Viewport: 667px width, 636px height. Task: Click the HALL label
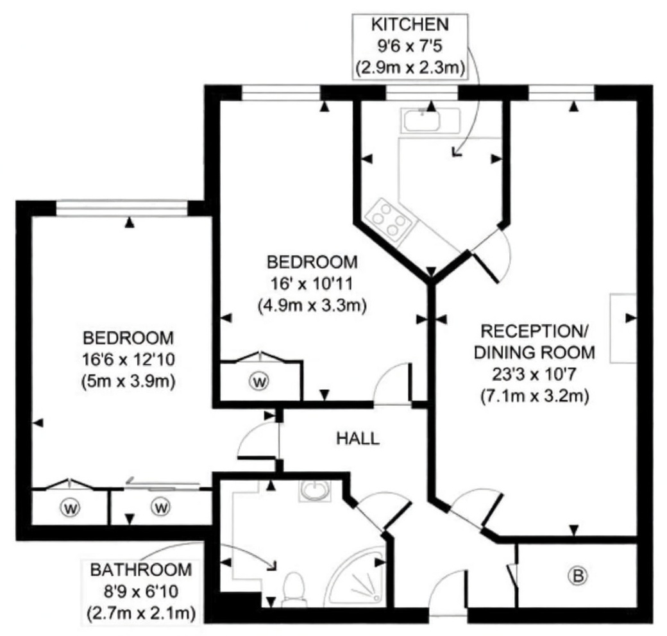(x=358, y=439)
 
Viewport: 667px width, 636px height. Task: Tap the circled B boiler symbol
(x=578, y=576)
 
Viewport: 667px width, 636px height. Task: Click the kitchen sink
(x=430, y=120)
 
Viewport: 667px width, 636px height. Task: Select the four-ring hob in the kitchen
(x=389, y=220)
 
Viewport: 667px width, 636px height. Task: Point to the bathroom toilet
(x=293, y=589)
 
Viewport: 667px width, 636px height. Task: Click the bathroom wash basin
(x=315, y=491)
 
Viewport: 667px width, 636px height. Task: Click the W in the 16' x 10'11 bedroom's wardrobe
(x=259, y=381)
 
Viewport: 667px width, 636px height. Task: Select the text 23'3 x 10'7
(x=534, y=374)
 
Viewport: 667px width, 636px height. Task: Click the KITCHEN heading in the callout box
(x=410, y=24)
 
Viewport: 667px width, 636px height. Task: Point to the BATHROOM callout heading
(x=141, y=570)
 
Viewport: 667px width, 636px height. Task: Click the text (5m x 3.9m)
(x=128, y=381)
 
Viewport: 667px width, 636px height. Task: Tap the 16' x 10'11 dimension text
(x=312, y=283)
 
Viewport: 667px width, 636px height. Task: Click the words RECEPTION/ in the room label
(x=534, y=331)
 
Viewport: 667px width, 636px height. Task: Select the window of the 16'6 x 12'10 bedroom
(x=122, y=208)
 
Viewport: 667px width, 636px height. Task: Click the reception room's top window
(x=562, y=93)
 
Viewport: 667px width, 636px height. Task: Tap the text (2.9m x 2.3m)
(x=410, y=68)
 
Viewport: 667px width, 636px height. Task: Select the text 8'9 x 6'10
(x=141, y=591)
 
